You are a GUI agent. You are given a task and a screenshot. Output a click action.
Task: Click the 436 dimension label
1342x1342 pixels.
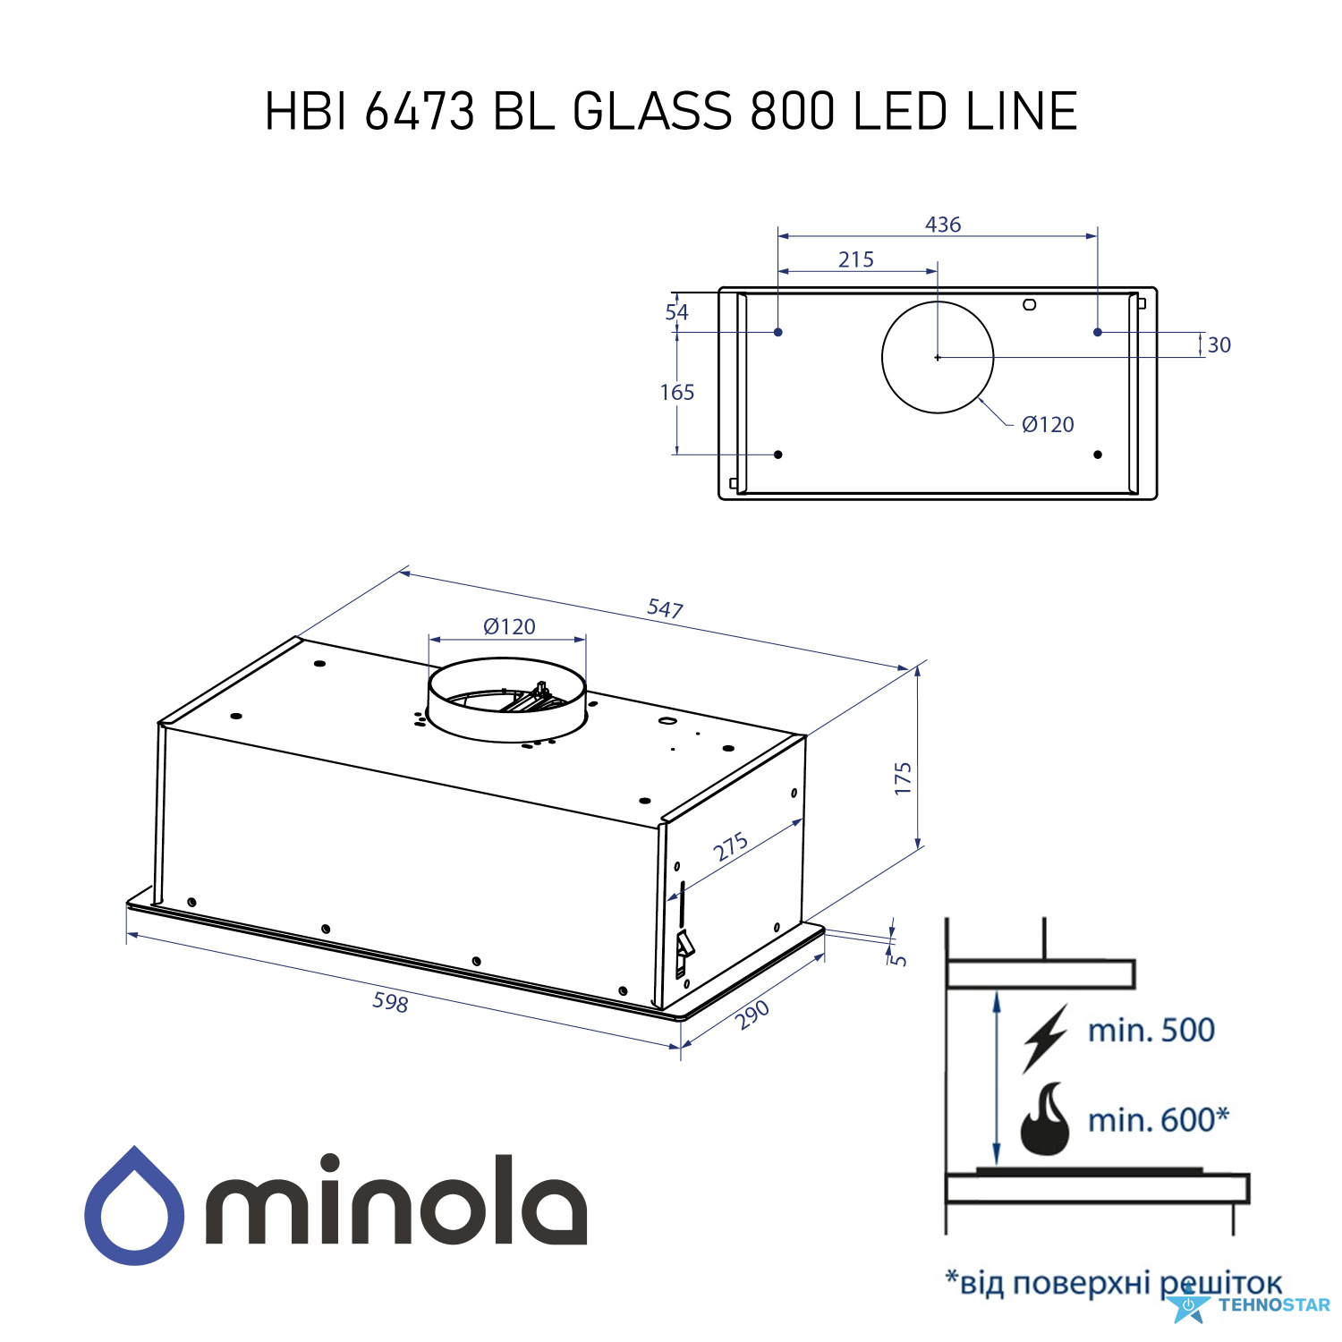coord(943,225)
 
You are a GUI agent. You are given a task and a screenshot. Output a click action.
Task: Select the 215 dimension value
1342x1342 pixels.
coord(856,259)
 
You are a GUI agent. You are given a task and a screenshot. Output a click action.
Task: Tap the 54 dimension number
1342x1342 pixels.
coord(677,312)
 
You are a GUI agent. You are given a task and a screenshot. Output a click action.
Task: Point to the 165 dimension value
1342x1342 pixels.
coord(677,392)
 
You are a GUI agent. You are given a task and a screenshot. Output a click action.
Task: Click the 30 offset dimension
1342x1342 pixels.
coord(1219,344)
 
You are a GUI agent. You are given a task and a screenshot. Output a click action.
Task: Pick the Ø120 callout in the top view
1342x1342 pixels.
coord(1048,424)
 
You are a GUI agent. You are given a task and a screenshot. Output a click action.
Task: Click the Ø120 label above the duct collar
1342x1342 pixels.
coord(509,626)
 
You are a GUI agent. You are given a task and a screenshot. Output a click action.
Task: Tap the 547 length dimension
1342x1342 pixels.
coord(666,608)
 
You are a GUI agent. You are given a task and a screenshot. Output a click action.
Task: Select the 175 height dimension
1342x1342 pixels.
coord(903,778)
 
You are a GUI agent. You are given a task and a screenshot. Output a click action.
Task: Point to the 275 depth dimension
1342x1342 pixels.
coord(731,846)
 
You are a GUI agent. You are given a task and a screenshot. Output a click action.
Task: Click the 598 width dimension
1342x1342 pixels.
coord(391,1002)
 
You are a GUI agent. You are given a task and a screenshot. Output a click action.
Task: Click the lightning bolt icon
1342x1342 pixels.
coord(1045,1038)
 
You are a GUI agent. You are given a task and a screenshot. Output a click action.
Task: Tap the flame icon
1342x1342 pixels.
coord(1045,1119)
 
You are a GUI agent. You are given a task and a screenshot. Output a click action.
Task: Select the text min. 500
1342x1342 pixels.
coord(1151,1030)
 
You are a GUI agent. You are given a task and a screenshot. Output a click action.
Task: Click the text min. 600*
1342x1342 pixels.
coord(1159,1119)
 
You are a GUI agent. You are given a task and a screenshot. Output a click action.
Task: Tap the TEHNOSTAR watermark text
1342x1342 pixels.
coord(1274,1304)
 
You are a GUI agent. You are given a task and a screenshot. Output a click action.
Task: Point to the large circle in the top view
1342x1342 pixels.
coord(938,302)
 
